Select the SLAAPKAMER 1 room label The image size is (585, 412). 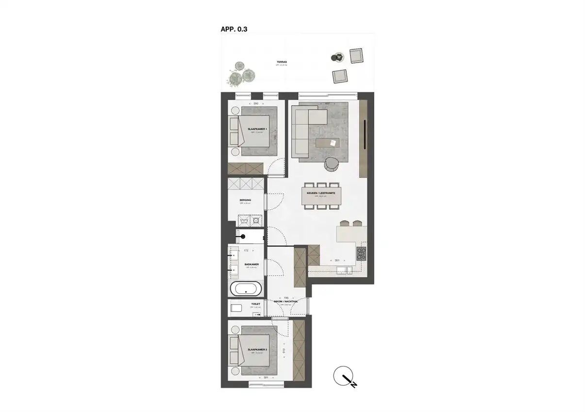(257, 129)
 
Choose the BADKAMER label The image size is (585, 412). (251, 265)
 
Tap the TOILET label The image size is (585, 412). (256, 304)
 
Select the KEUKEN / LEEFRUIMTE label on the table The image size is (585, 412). (319, 193)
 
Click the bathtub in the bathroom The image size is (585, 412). (246, 290)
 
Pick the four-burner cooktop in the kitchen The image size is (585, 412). (362, 252)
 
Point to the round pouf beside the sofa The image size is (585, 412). (333, 164)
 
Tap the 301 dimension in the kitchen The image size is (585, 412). (336, 261)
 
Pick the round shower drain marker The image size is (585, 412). (244, 236)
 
